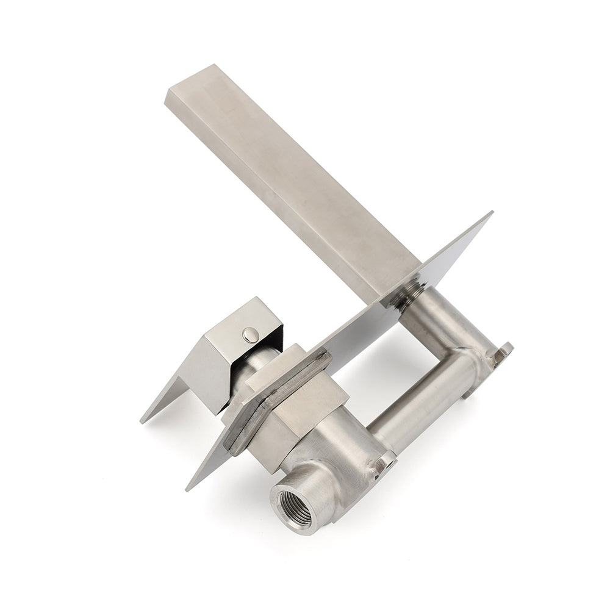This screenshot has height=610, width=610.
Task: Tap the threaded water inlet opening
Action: (290, 503)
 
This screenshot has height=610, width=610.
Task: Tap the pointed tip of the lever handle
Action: (144, 419)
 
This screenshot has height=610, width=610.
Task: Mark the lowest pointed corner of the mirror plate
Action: (188, 487)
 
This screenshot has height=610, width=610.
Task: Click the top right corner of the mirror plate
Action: (491, 213)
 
